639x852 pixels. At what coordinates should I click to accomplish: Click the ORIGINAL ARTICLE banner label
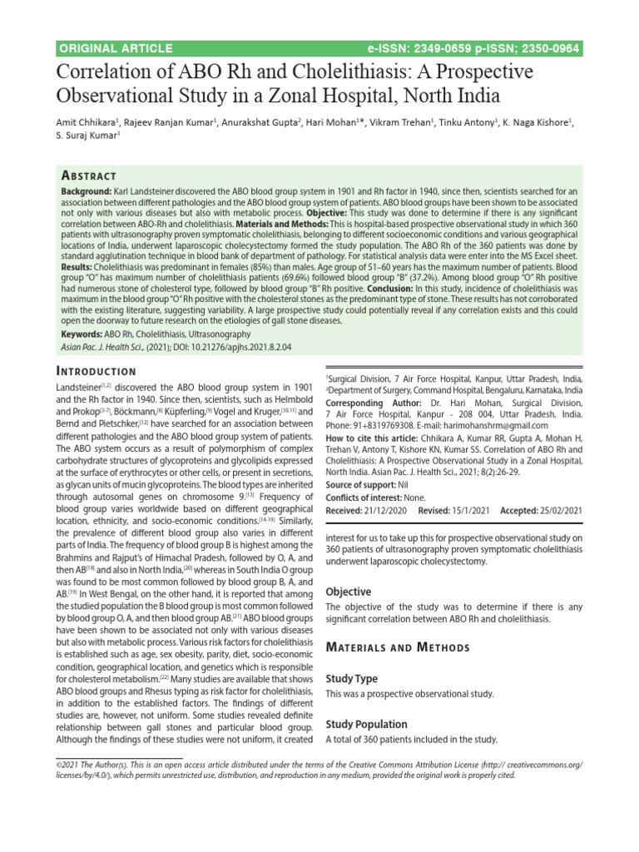[116, 48]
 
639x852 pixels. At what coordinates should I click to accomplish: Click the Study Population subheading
[366, 724]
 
